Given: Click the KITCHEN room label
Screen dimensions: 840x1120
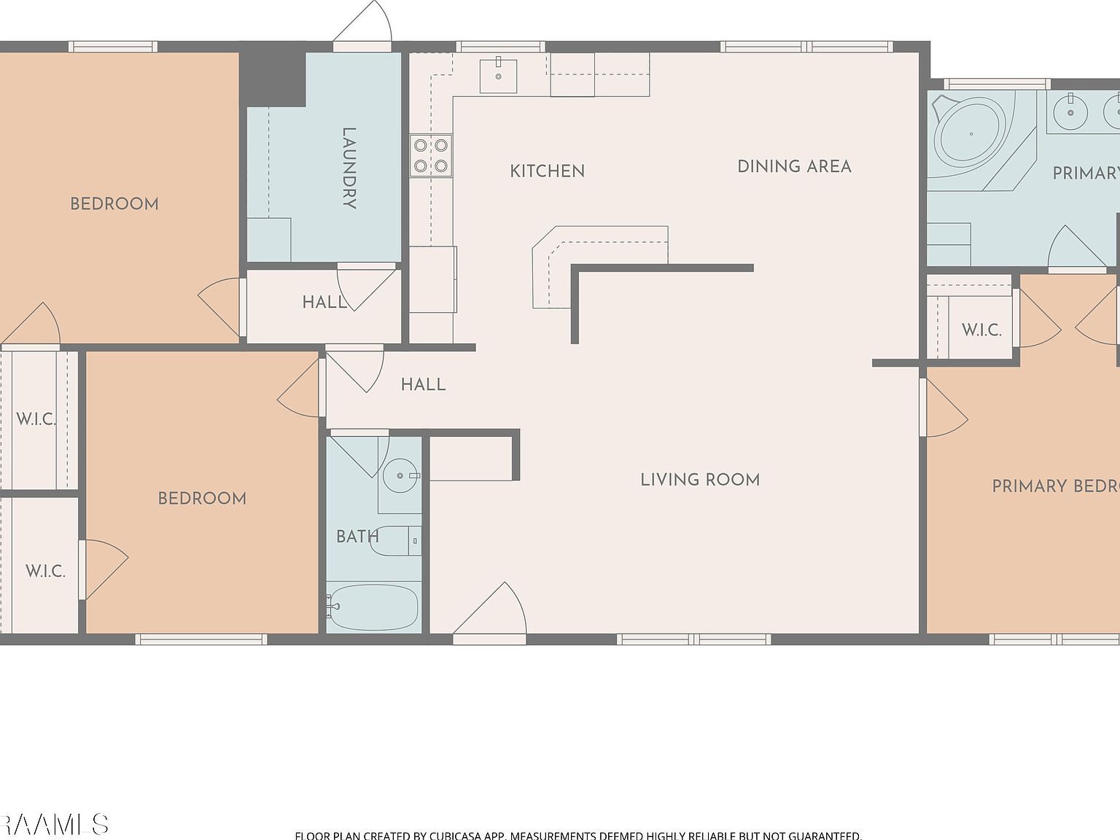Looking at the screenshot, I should [547, 171].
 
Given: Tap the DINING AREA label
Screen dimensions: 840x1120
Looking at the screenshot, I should [794, 166].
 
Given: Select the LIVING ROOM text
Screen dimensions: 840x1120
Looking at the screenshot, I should [700, 480].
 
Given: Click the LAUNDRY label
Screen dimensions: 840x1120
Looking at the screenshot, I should [349, 168].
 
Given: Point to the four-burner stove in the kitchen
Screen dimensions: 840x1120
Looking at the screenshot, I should [430, 155].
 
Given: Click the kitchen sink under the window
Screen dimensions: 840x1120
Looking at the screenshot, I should [498, 76].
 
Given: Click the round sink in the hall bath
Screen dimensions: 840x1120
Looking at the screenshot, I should [400, 475].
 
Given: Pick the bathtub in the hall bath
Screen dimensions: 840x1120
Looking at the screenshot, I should [373, 607].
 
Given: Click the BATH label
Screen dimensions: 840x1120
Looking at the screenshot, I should [357, 537].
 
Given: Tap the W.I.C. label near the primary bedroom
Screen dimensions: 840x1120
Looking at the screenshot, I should [981, 330].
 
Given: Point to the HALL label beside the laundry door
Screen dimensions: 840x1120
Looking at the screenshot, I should [324, 302].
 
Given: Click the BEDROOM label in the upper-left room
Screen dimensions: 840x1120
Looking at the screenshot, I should [114, 204].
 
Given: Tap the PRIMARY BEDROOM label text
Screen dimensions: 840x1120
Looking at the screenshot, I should [1054, 486].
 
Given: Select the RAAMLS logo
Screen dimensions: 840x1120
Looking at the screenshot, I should [54, 825].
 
